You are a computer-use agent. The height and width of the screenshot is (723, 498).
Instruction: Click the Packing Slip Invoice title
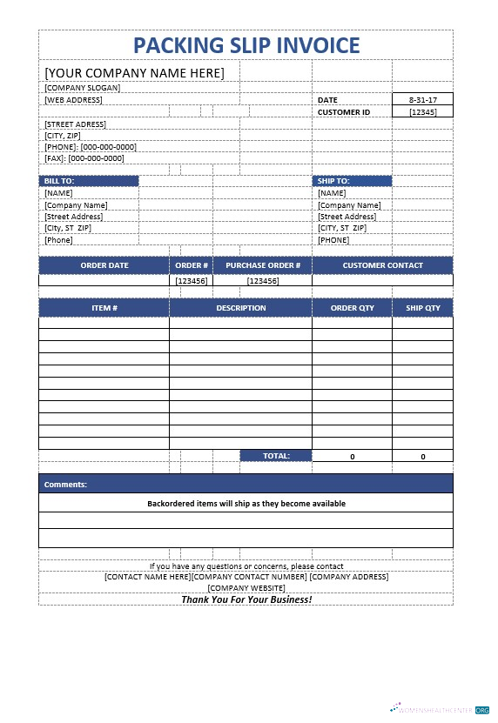pyautogui.click(x=246, y=45)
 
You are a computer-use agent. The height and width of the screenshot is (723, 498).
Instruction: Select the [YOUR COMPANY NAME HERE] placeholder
pyautogui.click(x=134, y=72)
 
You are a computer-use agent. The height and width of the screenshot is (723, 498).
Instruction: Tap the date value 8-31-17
pyautogui.click(x=422, y=100)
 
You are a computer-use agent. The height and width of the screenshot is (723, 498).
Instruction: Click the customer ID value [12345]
pyautogui.click(x=422, y=112)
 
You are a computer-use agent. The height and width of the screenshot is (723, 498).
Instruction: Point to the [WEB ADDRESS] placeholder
pyautogui.click(x=74, y=100)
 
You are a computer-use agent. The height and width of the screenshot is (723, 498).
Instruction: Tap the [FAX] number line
pyautogui.click(x=84, y=158)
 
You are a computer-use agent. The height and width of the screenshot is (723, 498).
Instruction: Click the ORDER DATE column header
pyautogui.click(x=104, y=265)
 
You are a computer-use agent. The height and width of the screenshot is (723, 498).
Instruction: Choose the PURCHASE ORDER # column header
pyautogui.click(x=262, y=265)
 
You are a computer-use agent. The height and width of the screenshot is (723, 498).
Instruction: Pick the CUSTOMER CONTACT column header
pyautogui.click(x=382, y=265)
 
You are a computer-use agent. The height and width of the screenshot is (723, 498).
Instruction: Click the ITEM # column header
pyautogui.click(x=104, y=308)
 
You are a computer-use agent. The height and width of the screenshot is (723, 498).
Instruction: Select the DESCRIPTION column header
pyautogui.click(x=241, y=308)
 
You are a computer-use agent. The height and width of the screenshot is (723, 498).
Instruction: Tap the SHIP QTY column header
pyautogui.click(x=423, y=308)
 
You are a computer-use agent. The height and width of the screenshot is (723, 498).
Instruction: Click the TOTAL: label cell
pyautogui.click(x=276, y=456)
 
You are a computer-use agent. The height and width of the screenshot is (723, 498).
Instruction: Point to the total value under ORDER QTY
pyautogui.click(x=352, y=456)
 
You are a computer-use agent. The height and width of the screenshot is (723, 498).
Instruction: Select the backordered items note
pyautogui.click(x=246, y=504)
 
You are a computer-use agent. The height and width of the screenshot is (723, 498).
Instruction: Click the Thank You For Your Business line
pyautogui.click(x=246, y=599)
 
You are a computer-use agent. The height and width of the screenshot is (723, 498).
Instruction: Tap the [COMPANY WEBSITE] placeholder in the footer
pyautogui.click(x=246, y=588)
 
